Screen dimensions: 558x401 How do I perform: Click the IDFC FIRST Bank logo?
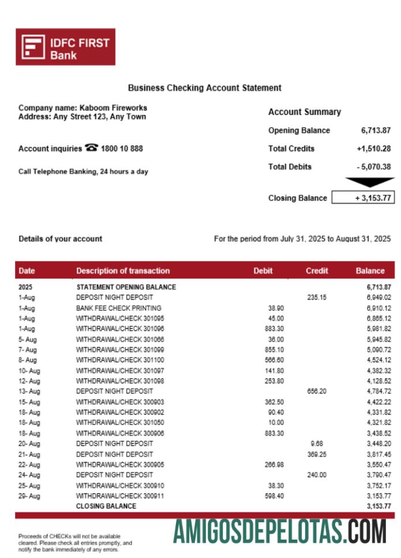[65, 47]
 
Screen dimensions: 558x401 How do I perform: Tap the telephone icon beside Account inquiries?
[91, 148]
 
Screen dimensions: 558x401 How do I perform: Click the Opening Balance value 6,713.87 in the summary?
[376, 131]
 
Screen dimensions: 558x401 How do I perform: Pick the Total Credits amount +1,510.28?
[374, 148]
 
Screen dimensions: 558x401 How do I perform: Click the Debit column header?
[263, 270]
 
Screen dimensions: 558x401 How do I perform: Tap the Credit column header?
[317, 270]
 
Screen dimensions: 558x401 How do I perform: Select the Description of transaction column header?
[123, 270]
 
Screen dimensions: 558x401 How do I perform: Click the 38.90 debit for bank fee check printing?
[276, 308]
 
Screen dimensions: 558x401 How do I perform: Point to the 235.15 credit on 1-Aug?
[316, 297]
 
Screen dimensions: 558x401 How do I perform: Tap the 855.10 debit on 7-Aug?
[273, 349]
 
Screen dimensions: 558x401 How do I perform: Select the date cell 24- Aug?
[29, 475]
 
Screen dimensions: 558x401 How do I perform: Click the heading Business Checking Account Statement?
[204, 88]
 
